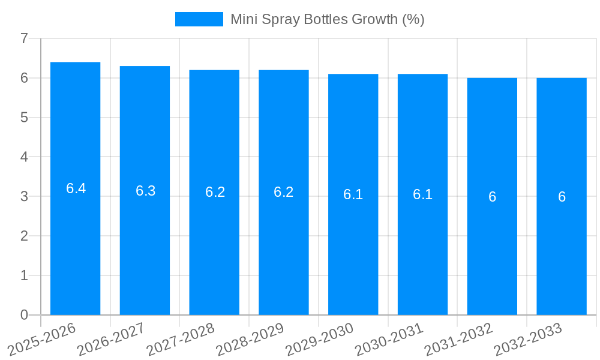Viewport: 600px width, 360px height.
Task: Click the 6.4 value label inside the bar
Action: pos(76,188)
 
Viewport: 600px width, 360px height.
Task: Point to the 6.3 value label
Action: pos(145,191)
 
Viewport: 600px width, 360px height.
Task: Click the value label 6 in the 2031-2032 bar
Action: pos(492,197)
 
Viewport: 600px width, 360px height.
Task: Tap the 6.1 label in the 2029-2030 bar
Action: pos(353,194)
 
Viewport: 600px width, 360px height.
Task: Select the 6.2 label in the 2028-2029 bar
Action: pos(283,192)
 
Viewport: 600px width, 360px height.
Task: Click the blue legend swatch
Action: pos(199,19)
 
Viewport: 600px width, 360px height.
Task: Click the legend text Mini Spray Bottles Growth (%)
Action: pos(327,19)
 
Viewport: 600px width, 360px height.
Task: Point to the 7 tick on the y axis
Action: pos(24,38)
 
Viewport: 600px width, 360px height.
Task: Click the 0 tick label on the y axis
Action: pos(24,315)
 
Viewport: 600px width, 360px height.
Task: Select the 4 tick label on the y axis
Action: pos(24,157)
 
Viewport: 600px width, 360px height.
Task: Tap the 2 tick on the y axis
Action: pos(24,236)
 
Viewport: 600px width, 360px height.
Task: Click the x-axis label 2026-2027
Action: pos(112,339)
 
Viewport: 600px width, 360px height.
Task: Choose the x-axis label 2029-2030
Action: pos(320,339)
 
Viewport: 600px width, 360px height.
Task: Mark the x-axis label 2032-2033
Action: pos(528,339)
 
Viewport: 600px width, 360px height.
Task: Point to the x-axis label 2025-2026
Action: pos(42,339)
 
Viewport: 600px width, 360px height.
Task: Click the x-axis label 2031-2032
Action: pos(459,339)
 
